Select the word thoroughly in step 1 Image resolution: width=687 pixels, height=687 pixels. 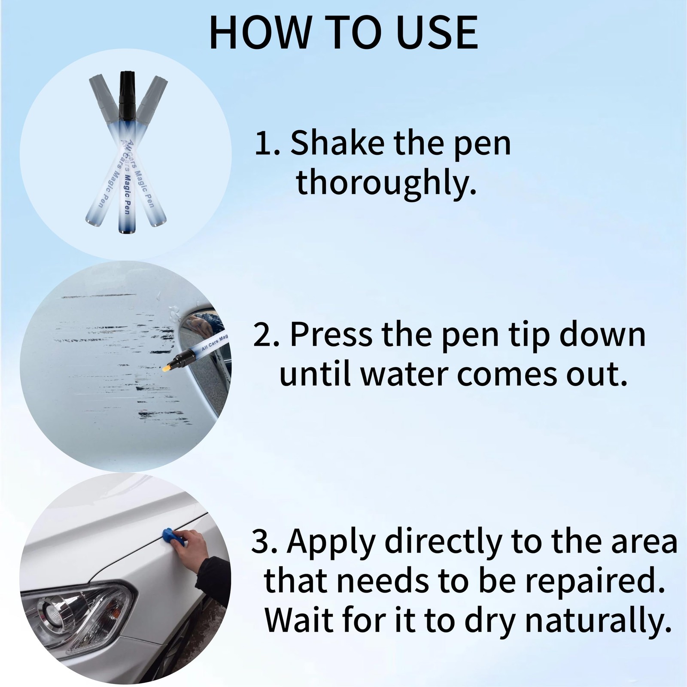(386, 182)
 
